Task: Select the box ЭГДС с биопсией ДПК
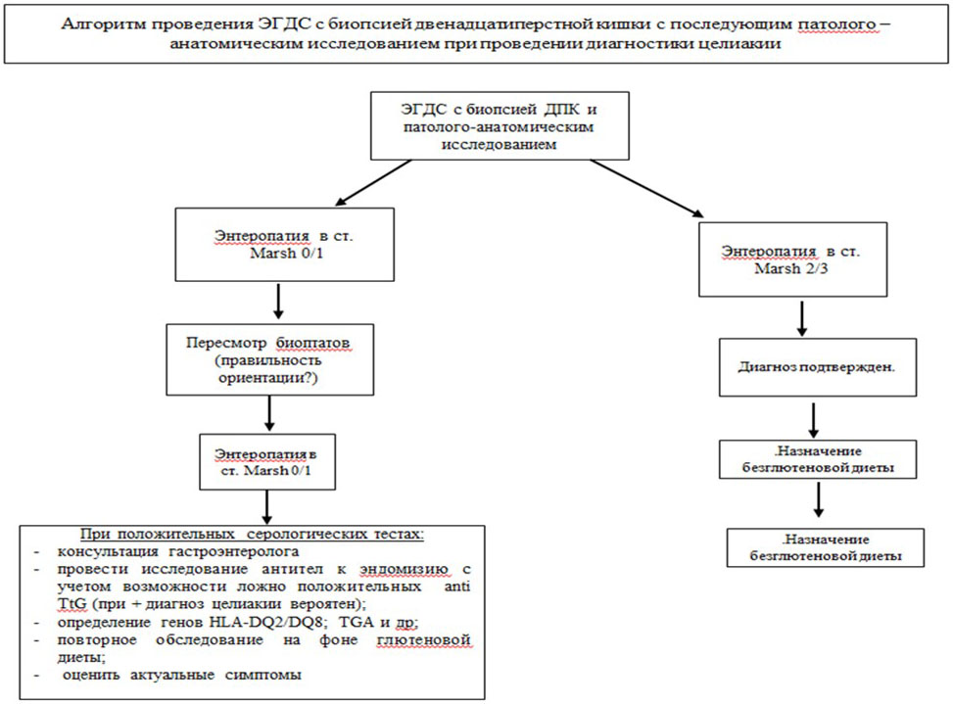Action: (x=500, y=126)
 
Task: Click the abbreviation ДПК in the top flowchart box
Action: (x=555, y=110)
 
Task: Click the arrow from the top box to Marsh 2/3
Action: (x=646, y=188)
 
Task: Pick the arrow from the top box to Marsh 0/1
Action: (x=373, y=183)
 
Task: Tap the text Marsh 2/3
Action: (x=791, y=268)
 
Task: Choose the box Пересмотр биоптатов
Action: (x=270, y=359)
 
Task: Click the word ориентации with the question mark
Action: (x=268, y=378)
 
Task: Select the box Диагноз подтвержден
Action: (x=818, y=367)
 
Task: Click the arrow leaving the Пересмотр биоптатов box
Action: (x=269, y=413)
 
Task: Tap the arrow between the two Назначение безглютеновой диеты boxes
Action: (x=819, y=499)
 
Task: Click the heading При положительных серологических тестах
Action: (x=252, y=535)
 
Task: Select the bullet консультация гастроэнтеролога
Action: (x=178, y=551)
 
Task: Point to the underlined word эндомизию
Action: (x=405, y=570)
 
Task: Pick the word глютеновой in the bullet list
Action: (x=424, y=640)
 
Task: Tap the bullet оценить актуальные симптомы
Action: (x=182, y=675)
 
